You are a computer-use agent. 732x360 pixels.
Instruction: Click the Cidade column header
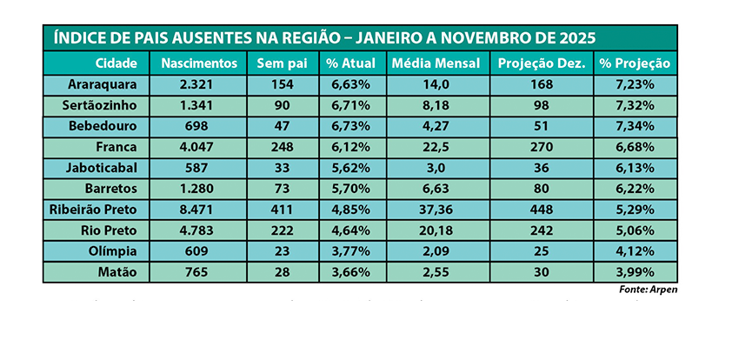116,63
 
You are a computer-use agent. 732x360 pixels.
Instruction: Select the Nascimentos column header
199,63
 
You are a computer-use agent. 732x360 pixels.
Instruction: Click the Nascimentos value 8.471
199,210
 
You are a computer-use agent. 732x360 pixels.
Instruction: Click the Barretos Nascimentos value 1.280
199,190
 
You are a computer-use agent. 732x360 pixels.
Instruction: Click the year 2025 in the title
573,39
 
